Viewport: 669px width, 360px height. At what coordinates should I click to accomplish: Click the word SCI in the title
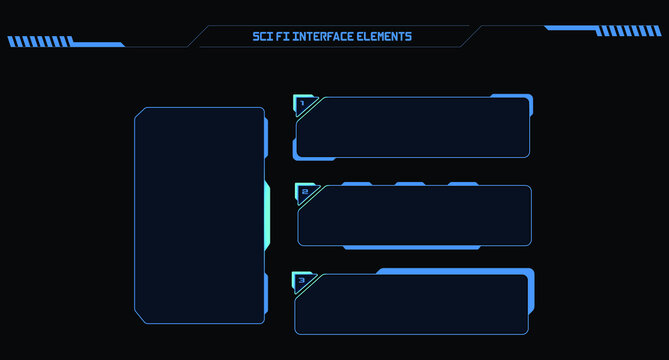tap(263, 37)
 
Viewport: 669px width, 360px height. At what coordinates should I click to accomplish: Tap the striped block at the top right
tap(629, 31)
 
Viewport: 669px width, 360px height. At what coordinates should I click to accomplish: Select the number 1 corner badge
tap(302, 103)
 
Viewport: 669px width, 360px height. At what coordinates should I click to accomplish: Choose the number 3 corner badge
tap(301, 280)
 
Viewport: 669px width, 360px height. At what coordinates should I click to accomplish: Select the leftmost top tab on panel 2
tap(356, 184)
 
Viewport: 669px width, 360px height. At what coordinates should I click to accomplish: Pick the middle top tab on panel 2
tap(409, 184)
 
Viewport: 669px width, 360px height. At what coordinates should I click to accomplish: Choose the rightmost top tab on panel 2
tap(462, 184)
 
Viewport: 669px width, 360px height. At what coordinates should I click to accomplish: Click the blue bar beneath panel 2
tap(411, 247)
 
